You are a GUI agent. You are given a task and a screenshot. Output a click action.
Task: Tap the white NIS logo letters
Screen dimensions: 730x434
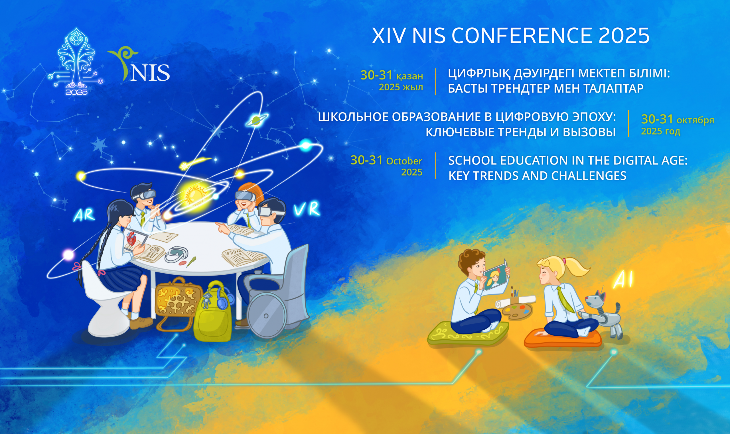coord(150,73)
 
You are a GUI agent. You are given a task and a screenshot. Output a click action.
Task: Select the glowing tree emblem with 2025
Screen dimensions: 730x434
coord(76,62)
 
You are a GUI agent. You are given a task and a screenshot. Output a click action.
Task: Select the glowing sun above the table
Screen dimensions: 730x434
coord(193,194)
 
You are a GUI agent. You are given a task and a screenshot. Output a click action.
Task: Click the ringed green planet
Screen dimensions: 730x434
coord(256,120)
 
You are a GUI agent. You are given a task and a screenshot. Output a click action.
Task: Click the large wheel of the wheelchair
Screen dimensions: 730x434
coord(266,316)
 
